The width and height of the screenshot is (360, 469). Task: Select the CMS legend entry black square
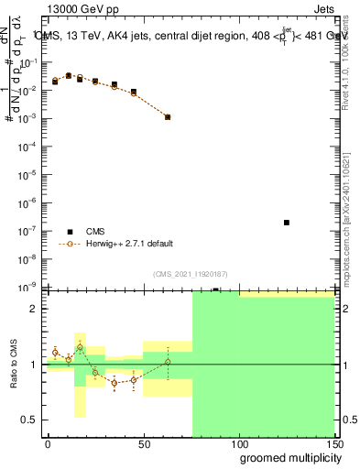(70, 232)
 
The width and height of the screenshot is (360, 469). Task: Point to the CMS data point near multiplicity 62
(168, 117)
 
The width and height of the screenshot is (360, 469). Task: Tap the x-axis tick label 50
(143, 442)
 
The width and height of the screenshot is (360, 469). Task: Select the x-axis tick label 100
(238, 442)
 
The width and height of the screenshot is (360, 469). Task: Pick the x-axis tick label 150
(333, 442)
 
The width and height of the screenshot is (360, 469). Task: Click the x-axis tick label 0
(48, 442)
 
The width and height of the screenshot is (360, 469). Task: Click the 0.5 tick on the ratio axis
(31, 420)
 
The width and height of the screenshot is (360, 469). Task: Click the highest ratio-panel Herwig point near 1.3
(80, 347)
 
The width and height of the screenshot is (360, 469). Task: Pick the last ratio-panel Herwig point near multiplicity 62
(168, 362)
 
